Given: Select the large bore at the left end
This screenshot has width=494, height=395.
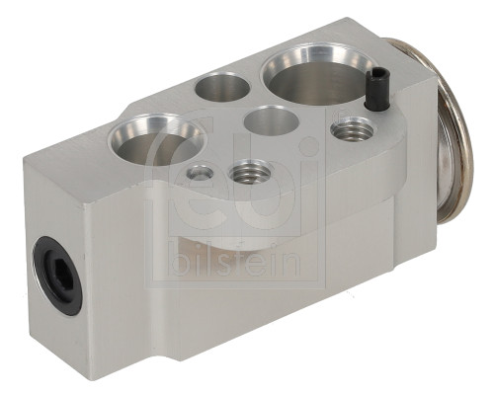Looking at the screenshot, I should [156, 140].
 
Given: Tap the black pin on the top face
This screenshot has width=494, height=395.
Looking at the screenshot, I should [374, 91].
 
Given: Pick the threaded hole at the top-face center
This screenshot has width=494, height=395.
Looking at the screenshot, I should [248, 175].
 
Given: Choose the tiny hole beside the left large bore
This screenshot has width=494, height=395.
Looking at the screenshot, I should [200, 173].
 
